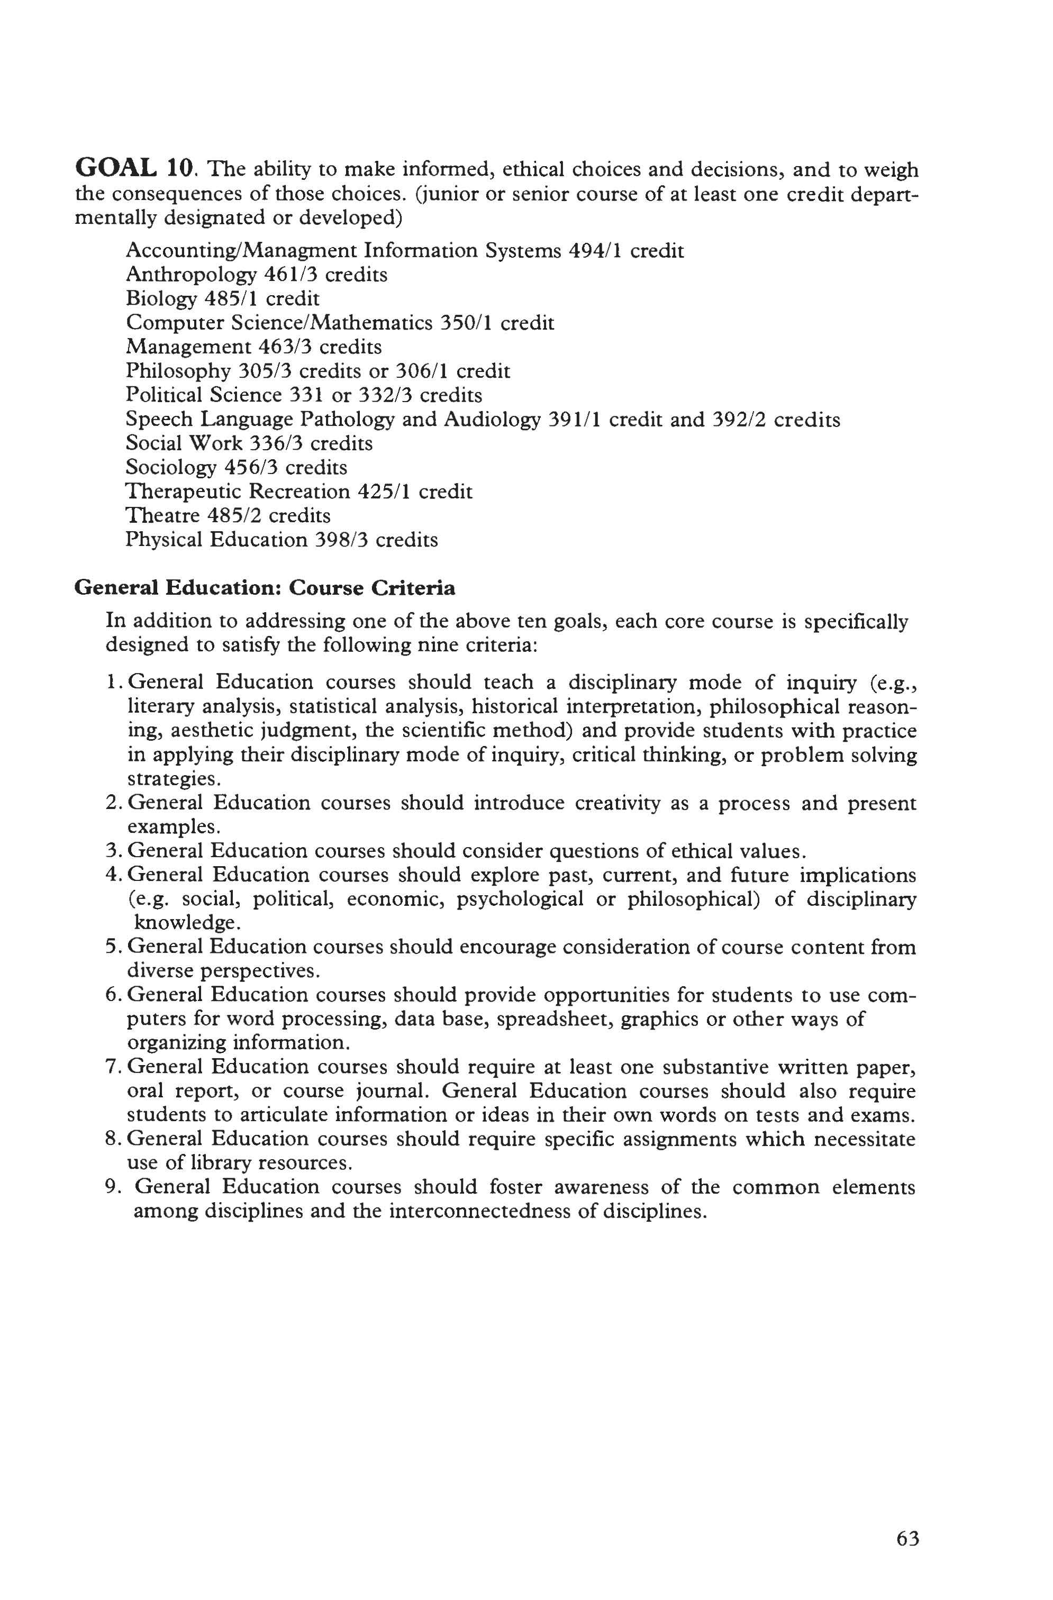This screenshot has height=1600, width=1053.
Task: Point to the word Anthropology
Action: (191, 275)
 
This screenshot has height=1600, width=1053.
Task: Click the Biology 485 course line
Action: (223, 298)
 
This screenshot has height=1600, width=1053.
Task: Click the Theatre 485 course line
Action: (228, 516)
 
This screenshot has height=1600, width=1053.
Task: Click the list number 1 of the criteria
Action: (112, 683)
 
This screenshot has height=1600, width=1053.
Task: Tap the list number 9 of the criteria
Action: (112, 1187)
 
